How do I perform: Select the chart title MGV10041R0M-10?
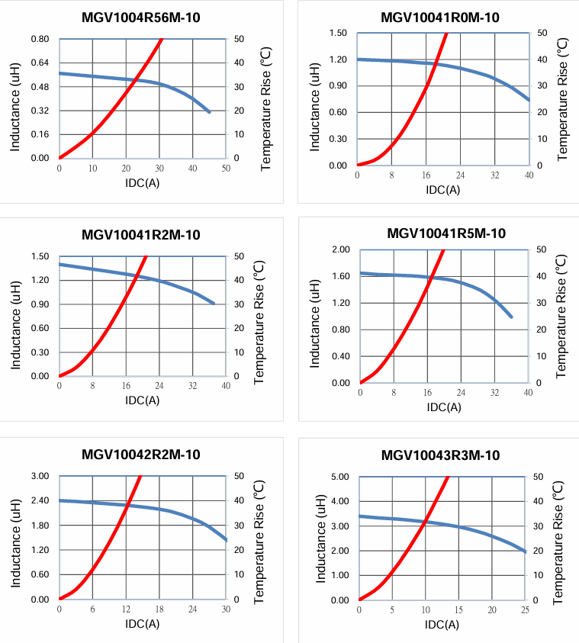(x=440, y=18)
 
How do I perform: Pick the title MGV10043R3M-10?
(x=440, y=455)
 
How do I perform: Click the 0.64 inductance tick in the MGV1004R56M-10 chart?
(x=39, y=63)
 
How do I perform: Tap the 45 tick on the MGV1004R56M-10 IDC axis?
(x=209, y=169)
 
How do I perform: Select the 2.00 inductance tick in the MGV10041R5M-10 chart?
(x=341, y=249)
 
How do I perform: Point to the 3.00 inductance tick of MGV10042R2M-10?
(x=39, y=476)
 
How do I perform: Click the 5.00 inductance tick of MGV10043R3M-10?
(x=338, y=477)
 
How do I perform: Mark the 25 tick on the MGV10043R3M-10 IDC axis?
(x=526, y=610)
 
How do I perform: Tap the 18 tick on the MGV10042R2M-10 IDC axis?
(x=159, y=609)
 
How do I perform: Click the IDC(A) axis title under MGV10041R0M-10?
(x=442, y=190)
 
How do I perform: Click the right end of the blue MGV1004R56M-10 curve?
(x=209, y=112)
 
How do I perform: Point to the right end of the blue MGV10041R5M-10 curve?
(x=511, y=317)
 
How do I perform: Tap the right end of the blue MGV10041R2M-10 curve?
(x=214, y=304)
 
